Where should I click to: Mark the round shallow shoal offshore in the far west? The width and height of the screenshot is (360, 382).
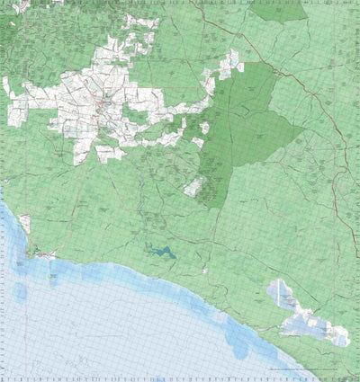pyautogui.click(x=20, y=291)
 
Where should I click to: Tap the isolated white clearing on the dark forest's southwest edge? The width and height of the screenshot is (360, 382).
pyautogui.click(x=194, y=187)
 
